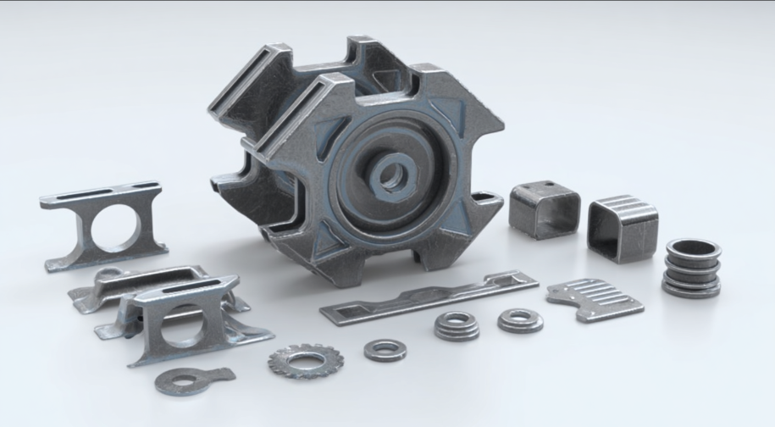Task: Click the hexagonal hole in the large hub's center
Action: tap(390, 176)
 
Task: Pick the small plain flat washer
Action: tap(385, 349)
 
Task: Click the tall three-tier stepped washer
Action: tap(457, 325)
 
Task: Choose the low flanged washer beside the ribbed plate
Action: tap(520, 319)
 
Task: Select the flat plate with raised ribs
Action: tap(594, 298)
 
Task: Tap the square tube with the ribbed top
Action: tap(623, 226)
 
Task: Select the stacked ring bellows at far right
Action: tap(692, 267)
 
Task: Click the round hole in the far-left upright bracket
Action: tap(114, 228)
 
